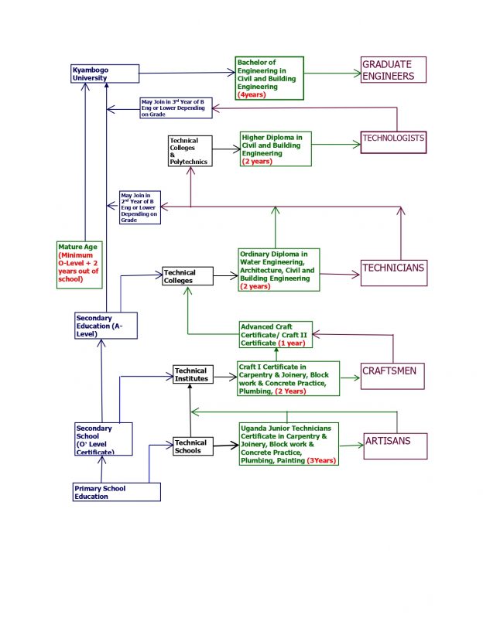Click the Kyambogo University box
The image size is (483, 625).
104,74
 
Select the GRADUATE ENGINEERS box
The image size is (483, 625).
394,70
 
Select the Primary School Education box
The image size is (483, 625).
117,492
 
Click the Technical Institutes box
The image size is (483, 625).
190,374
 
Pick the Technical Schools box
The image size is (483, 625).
191,446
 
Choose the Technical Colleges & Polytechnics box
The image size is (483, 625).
189,152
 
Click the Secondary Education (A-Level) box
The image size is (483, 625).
105,325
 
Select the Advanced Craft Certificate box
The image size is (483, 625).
276,334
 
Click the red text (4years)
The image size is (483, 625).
255,94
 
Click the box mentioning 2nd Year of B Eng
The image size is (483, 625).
140,207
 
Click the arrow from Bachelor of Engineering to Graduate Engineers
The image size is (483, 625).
333,75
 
